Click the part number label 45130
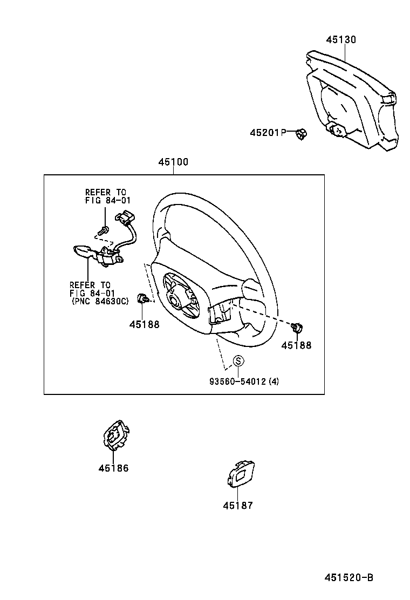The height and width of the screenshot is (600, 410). (341, 40)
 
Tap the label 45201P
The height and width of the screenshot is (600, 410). (267, 132)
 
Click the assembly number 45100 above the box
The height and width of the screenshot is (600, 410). (173, 162)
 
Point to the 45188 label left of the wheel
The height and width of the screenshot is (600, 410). (144, 325)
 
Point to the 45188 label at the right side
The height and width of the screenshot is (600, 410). (296, 345)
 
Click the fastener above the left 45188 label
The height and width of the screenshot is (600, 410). (143, 298)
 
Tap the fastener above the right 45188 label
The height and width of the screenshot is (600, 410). (296, 327)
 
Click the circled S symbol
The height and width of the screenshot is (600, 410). (238, 362)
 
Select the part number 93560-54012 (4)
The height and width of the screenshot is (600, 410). (244, 381)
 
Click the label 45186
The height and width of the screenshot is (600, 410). (113, 468)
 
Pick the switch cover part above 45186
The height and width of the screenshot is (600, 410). (115, 434)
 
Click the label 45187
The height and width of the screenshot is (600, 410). (237, 506)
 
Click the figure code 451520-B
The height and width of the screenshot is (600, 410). (348, 577)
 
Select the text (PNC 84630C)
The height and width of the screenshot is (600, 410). (100, 301)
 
